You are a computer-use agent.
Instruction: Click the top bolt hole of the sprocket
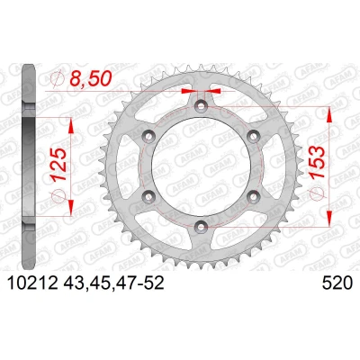pos(201,105)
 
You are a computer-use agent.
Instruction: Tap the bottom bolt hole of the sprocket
pos(201,227)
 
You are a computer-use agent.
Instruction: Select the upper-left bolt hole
pos(148,136)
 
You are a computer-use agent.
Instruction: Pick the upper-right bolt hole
pos(253,136)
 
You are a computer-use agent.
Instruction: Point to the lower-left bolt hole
pos(148,196)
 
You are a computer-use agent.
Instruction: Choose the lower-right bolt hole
pos(253,196)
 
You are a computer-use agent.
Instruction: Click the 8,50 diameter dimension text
pos(91,78)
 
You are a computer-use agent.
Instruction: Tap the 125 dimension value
pos(59,164)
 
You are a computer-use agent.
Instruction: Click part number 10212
pos(32,283)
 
